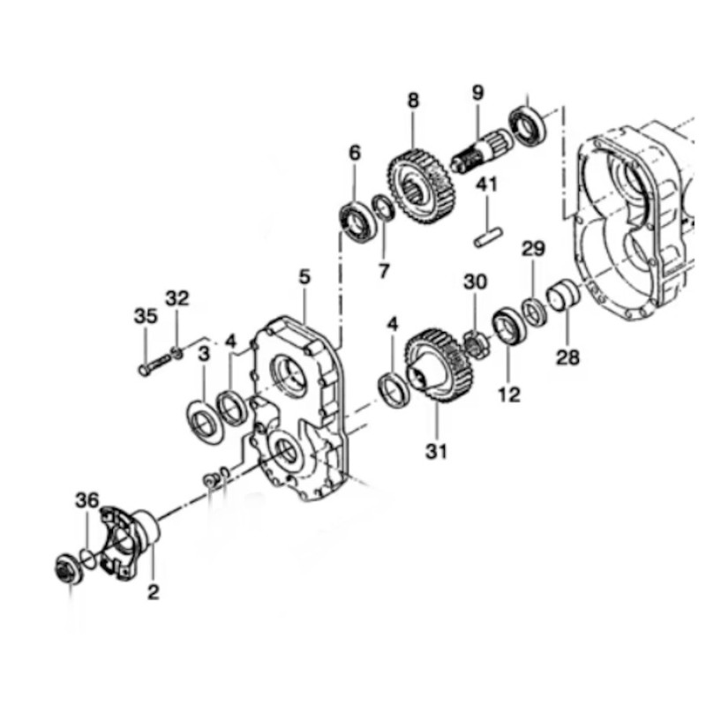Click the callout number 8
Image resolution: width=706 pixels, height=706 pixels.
413,101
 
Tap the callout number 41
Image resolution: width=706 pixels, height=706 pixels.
487,184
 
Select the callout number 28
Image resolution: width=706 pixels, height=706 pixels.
567,357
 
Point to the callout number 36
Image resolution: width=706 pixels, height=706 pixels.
86,500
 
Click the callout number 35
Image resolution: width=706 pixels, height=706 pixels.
146,316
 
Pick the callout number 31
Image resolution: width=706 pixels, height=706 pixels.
436,451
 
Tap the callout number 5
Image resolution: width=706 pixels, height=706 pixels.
304,277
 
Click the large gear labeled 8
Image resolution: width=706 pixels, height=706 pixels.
422,186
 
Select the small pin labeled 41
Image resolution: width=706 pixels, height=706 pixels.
488,237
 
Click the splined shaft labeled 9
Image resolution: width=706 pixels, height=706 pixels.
482,149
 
